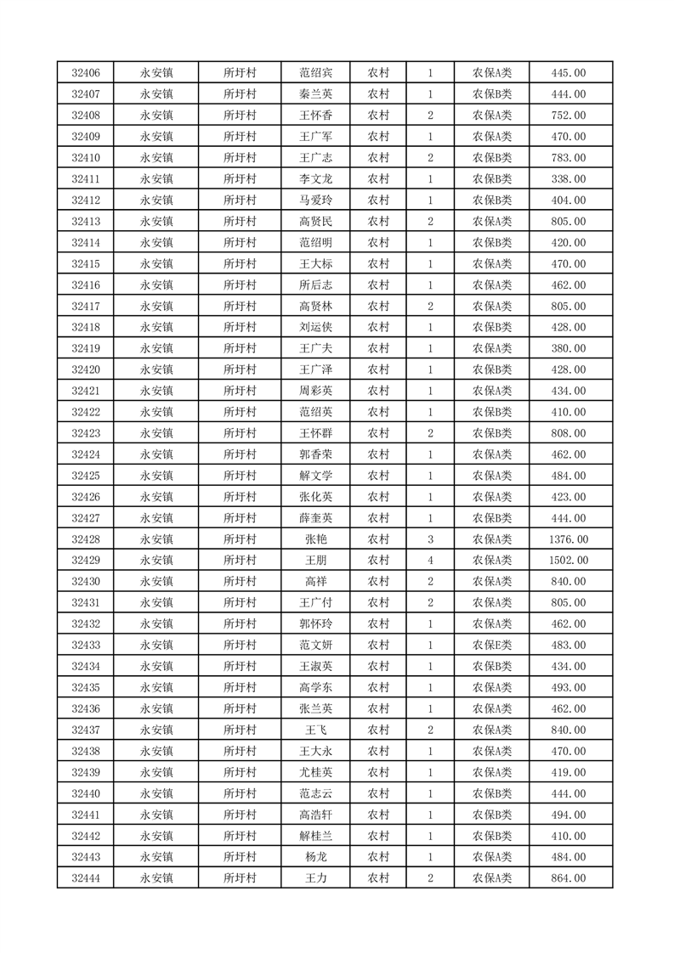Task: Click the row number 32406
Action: [x=86, y=73]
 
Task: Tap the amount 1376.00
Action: [x=569, y=539]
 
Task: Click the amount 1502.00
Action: [x=569, y=561]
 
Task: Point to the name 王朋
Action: [x=315, y=561]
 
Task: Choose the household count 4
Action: [x=431, y=561]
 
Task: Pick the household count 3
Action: [x=431, y=539]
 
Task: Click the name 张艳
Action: [x=315, y=539]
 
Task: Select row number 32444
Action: [x=86, y=878]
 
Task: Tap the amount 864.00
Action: [x=569, y=878]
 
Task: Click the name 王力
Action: [x=315, y=878]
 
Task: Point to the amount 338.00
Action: [x=569, y=179]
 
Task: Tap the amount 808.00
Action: [x=569, y=433]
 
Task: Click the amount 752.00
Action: [x=569, y=116]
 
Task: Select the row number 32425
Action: [x=86, y=476]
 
